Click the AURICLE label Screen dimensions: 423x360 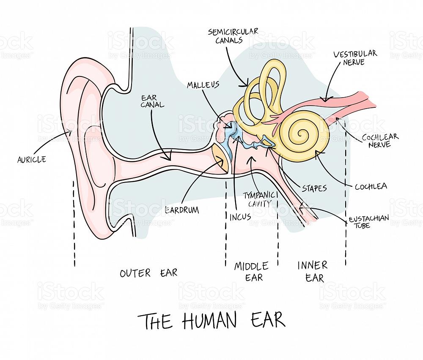(x=32, y=160)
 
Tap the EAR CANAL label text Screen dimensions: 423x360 (x=152, y=101)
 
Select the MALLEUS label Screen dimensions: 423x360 (x=203, y=85)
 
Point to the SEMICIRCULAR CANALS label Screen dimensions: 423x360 (x=233, y=36)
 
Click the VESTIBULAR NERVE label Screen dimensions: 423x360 (x=355, y=57)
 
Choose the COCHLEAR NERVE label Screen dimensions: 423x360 (x=380, y=140)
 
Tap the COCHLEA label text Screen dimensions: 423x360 (x=371, y=186)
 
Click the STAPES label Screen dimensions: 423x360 (x=314, y=188)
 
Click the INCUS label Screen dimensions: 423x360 (x=240, y=217)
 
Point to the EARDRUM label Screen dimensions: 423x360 (x=182, y=210)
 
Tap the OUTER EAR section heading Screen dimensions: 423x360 (x=148, y=273)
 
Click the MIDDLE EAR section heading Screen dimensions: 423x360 (x=251, y=272)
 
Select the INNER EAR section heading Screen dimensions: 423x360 (x=313, y=272)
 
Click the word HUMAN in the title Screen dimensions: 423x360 (x=210, y=320)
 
